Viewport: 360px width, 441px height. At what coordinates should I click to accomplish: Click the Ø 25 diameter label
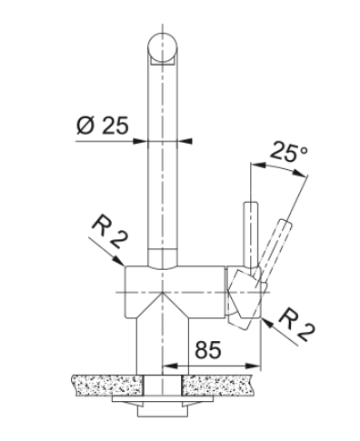click(x=103, y=125)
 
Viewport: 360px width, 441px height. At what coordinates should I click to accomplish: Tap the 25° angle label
click(x=288, y=151)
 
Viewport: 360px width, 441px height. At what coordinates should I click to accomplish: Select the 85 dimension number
click(x=208, y=349)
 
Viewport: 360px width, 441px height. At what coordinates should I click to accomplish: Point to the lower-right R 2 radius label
click(x=296, y=325)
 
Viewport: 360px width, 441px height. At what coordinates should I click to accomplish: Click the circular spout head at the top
click(x=163, y=47)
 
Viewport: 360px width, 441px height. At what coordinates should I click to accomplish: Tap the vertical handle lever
click(x=251, y=235)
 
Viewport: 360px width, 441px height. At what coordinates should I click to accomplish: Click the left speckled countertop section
click(x=107, y=385)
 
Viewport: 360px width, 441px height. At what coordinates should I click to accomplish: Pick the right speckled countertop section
click(x=218, y=385)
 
